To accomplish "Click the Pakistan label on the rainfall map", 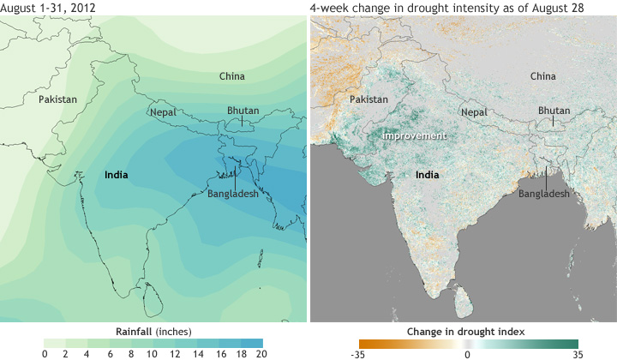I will tap(57, 99).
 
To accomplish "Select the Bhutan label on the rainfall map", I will tap(243, 110).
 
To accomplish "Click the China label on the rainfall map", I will tap(231, 76).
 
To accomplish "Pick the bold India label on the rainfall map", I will tap(116, 175).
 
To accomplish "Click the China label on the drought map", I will tap(542, 76).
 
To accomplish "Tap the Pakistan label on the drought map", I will tap(369, 99).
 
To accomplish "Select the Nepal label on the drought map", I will tap(474, 112).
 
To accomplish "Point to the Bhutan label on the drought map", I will tap(554, 110).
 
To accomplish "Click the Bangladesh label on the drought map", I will tap(544, 195).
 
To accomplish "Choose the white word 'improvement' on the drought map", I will tap(415, 136).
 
